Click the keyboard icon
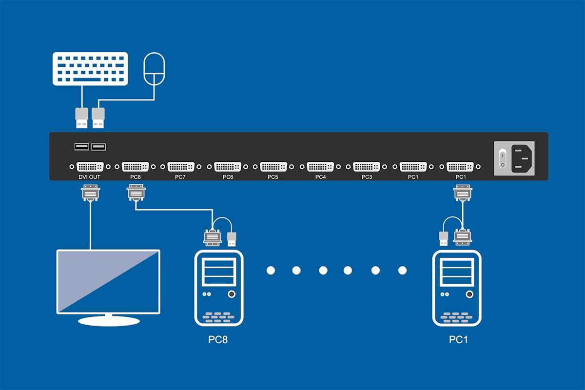90,69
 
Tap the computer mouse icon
154,70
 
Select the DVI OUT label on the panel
90,177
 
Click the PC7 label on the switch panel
180,177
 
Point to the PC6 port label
228,177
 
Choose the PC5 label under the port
273,177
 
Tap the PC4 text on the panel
320,177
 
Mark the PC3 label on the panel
367,177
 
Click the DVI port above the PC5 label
273,167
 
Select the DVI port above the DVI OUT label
90,167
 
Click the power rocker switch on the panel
503,157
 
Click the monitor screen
108,281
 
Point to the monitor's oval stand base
109,320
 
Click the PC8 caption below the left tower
218,339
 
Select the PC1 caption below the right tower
458,339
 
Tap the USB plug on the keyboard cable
81,118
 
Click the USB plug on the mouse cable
98,118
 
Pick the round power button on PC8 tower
232,294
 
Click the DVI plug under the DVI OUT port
90,193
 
